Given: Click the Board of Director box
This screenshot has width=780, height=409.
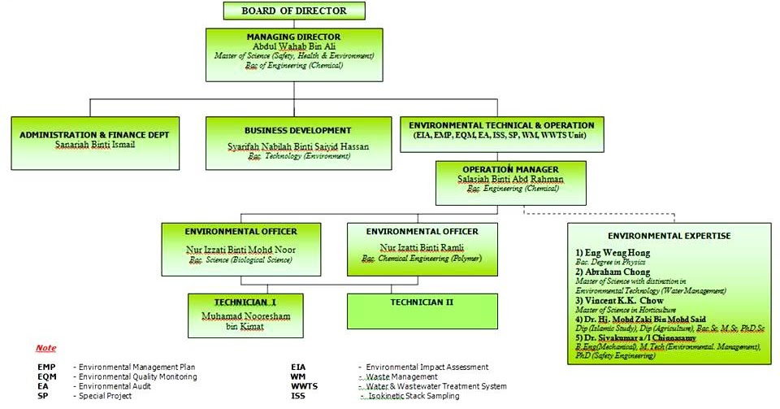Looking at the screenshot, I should click(x=293, y=11).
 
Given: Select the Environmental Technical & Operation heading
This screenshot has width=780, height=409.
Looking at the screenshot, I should click(x=501, y=125).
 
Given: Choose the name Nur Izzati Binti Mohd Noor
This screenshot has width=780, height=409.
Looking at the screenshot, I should click(x=242, y=250).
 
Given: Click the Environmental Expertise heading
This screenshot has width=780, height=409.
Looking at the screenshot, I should click(x=669, y=236).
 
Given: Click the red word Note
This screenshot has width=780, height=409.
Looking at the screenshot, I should click(x=46, y=348).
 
